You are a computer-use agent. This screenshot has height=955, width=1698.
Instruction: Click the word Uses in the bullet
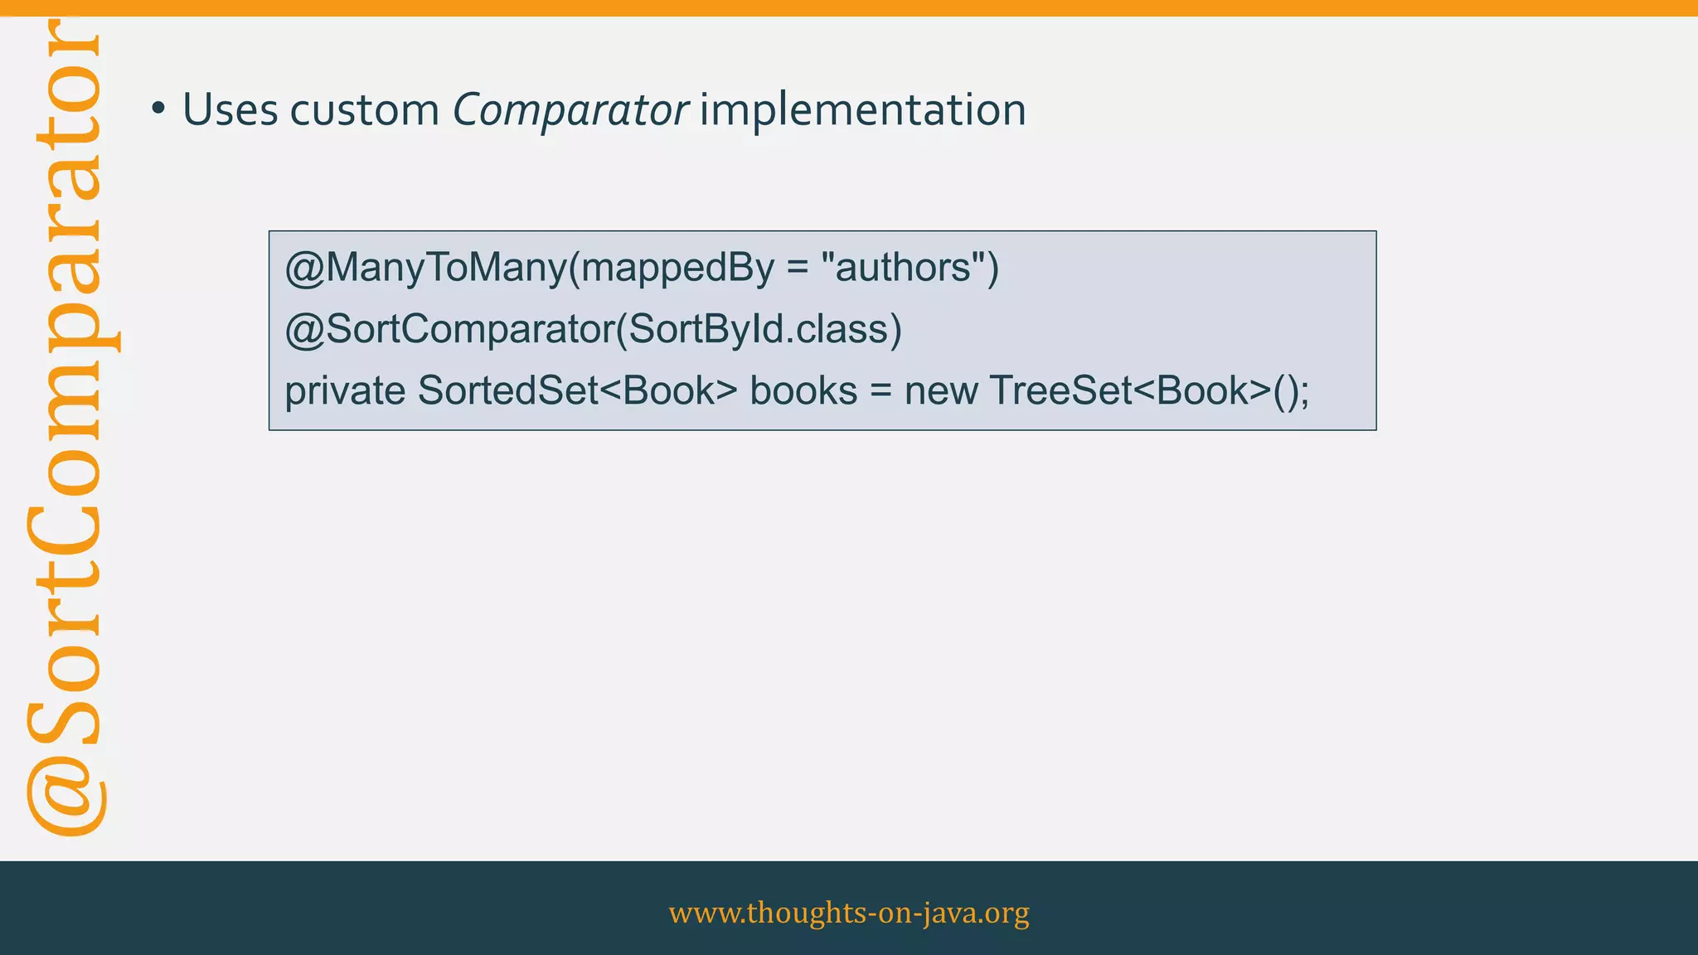(x=230, y=109)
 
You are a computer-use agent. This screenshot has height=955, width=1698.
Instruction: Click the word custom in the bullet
(x=364, y=109)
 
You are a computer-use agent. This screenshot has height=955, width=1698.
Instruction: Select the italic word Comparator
(x=570, y=109)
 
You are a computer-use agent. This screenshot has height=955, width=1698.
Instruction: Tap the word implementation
(x=862, y=109)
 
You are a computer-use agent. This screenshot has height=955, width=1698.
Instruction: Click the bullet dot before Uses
(x=158, y=109)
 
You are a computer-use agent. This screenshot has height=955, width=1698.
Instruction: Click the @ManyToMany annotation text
(x=424, y=268)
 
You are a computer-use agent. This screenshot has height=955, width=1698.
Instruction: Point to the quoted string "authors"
(x=903, y=268)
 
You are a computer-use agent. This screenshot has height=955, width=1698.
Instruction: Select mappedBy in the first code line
(x=674, y=268)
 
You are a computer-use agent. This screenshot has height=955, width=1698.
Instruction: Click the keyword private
(x=345, y=391)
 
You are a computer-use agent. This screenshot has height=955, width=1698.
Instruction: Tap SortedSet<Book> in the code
(x=577, y=391)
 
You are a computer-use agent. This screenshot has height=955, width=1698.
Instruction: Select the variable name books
(x=803, y=391)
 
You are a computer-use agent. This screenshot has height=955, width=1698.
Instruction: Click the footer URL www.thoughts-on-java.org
(x=849, y=912)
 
